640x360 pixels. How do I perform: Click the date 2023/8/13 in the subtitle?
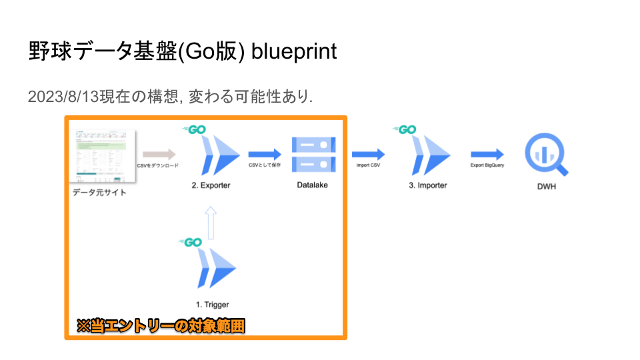pyautogui.click(x=63, y=97)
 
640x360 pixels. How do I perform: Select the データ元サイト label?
pyautogui.click(x=99, y=193)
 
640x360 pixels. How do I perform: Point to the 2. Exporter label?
pyautogui.click(x=211, y=185)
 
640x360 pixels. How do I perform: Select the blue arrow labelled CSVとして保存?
pyautogui.click(x=265, y=155)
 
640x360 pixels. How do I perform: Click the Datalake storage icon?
pyautogui.click(x=313, y=154)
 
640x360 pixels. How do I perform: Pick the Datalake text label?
pyautogui.click(x=313, y=185)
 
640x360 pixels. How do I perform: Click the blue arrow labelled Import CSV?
pyautogui.click(x=368, y=155)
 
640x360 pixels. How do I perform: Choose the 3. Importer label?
pyautogui.click(x=427, y=185)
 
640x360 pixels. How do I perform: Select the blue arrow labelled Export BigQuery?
pyautogui.click(x=487, y=155)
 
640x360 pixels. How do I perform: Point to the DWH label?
pyautogui.click(x=547, y=187)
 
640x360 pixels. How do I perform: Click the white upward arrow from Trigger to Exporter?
pyautogui.click(x=211, y=222)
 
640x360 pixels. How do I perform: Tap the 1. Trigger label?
pyautogui.click(x=213, y=305)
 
